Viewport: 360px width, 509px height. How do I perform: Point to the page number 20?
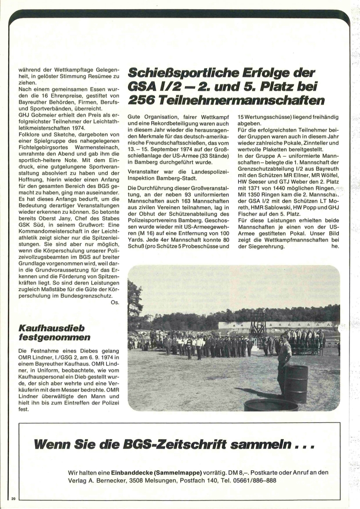tap(13, 498)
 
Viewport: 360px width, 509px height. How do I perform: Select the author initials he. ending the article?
tap(335, 247)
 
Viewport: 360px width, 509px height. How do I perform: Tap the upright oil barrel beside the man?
tap(296, 384)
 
